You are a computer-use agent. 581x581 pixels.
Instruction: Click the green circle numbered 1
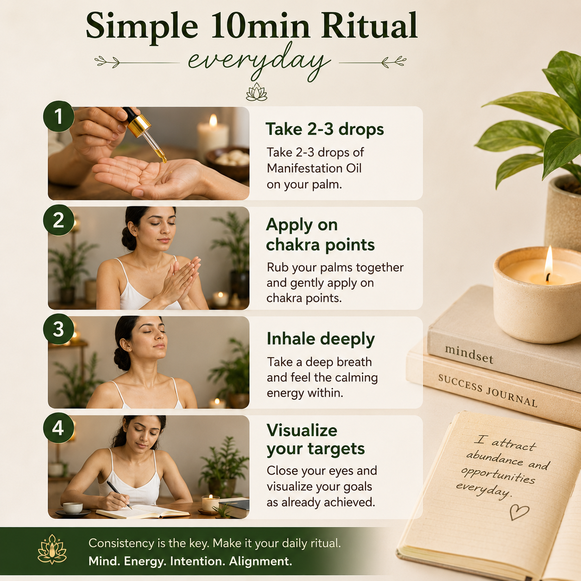tap(58, 116)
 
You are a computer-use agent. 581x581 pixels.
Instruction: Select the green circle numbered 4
tap(58, 428)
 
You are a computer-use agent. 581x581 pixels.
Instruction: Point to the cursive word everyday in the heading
tap(259, 64)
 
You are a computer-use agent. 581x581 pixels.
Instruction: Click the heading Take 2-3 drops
tap(325, 129)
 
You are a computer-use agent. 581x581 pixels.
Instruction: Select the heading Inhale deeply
tap(321, 339)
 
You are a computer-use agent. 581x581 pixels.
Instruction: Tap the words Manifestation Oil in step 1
tap(314, 168)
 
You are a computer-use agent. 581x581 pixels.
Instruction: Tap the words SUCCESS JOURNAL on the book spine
tap(487, 391)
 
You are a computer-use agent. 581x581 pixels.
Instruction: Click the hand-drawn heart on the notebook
tap(519, 512)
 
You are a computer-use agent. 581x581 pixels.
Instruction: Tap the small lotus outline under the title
tap(257, 92)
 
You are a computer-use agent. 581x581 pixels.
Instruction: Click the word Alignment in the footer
tap(260, 562)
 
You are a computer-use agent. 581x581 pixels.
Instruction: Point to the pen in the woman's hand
tap(119, 494)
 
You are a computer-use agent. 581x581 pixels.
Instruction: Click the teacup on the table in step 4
tap(73, 508)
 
